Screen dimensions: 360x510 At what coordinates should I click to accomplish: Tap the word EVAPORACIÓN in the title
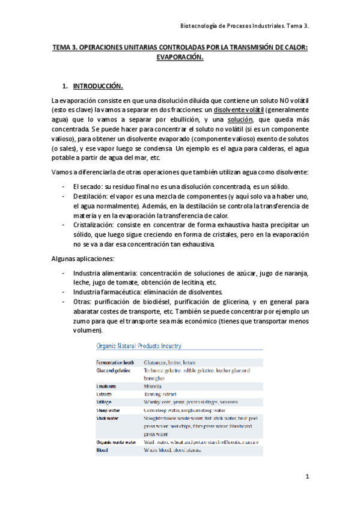point(180,58)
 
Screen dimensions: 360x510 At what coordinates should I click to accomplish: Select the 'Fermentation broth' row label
point(115,363)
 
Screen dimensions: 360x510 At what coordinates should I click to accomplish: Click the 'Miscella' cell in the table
point(155,386)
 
